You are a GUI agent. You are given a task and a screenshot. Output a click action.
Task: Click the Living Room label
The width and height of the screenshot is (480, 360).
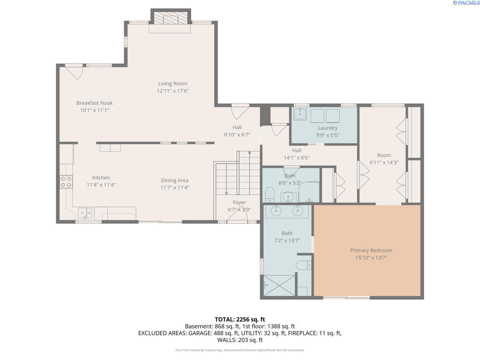[x=172, y=84]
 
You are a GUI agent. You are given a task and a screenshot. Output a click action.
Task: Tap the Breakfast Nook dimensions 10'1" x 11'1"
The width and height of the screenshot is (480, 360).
[x=94, y=110]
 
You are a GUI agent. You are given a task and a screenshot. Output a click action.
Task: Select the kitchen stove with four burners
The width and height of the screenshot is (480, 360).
[x=66, y=182]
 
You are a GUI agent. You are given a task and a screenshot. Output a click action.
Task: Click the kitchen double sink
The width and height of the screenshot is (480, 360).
[x=85, y=213]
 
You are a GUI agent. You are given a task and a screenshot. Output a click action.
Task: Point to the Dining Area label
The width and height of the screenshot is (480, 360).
[x=174, y=180]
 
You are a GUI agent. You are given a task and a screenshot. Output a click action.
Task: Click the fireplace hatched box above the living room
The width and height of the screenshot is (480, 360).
[x=171, y=18]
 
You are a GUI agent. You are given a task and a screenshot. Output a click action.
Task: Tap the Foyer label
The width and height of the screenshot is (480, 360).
[x=239, y=202]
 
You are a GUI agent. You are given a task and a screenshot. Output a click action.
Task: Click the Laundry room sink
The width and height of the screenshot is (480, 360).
[x=300, y=114]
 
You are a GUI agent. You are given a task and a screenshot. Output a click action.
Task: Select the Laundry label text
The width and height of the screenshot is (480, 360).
[x=328, y=128]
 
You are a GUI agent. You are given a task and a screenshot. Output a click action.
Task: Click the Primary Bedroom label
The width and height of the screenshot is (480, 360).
[x=371, y=250]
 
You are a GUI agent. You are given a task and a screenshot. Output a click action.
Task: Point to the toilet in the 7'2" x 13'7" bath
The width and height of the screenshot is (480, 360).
[x=304, y=265]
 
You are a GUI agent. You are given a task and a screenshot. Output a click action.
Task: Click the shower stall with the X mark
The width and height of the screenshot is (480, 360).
[x=279, y=286]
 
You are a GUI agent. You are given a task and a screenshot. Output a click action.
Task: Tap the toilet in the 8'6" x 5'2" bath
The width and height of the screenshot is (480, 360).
[x=270, y=194]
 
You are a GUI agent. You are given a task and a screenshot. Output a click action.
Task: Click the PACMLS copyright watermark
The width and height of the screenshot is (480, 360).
[x=466, y=3]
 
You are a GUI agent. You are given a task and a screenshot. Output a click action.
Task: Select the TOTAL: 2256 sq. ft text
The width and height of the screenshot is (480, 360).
[x=240, y=319]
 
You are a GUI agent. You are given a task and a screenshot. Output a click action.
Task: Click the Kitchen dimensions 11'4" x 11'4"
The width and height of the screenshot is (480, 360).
[x=101, y=185]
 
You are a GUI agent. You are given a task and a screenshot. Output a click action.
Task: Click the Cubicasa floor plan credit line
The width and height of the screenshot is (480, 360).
[x=240, y=350]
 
